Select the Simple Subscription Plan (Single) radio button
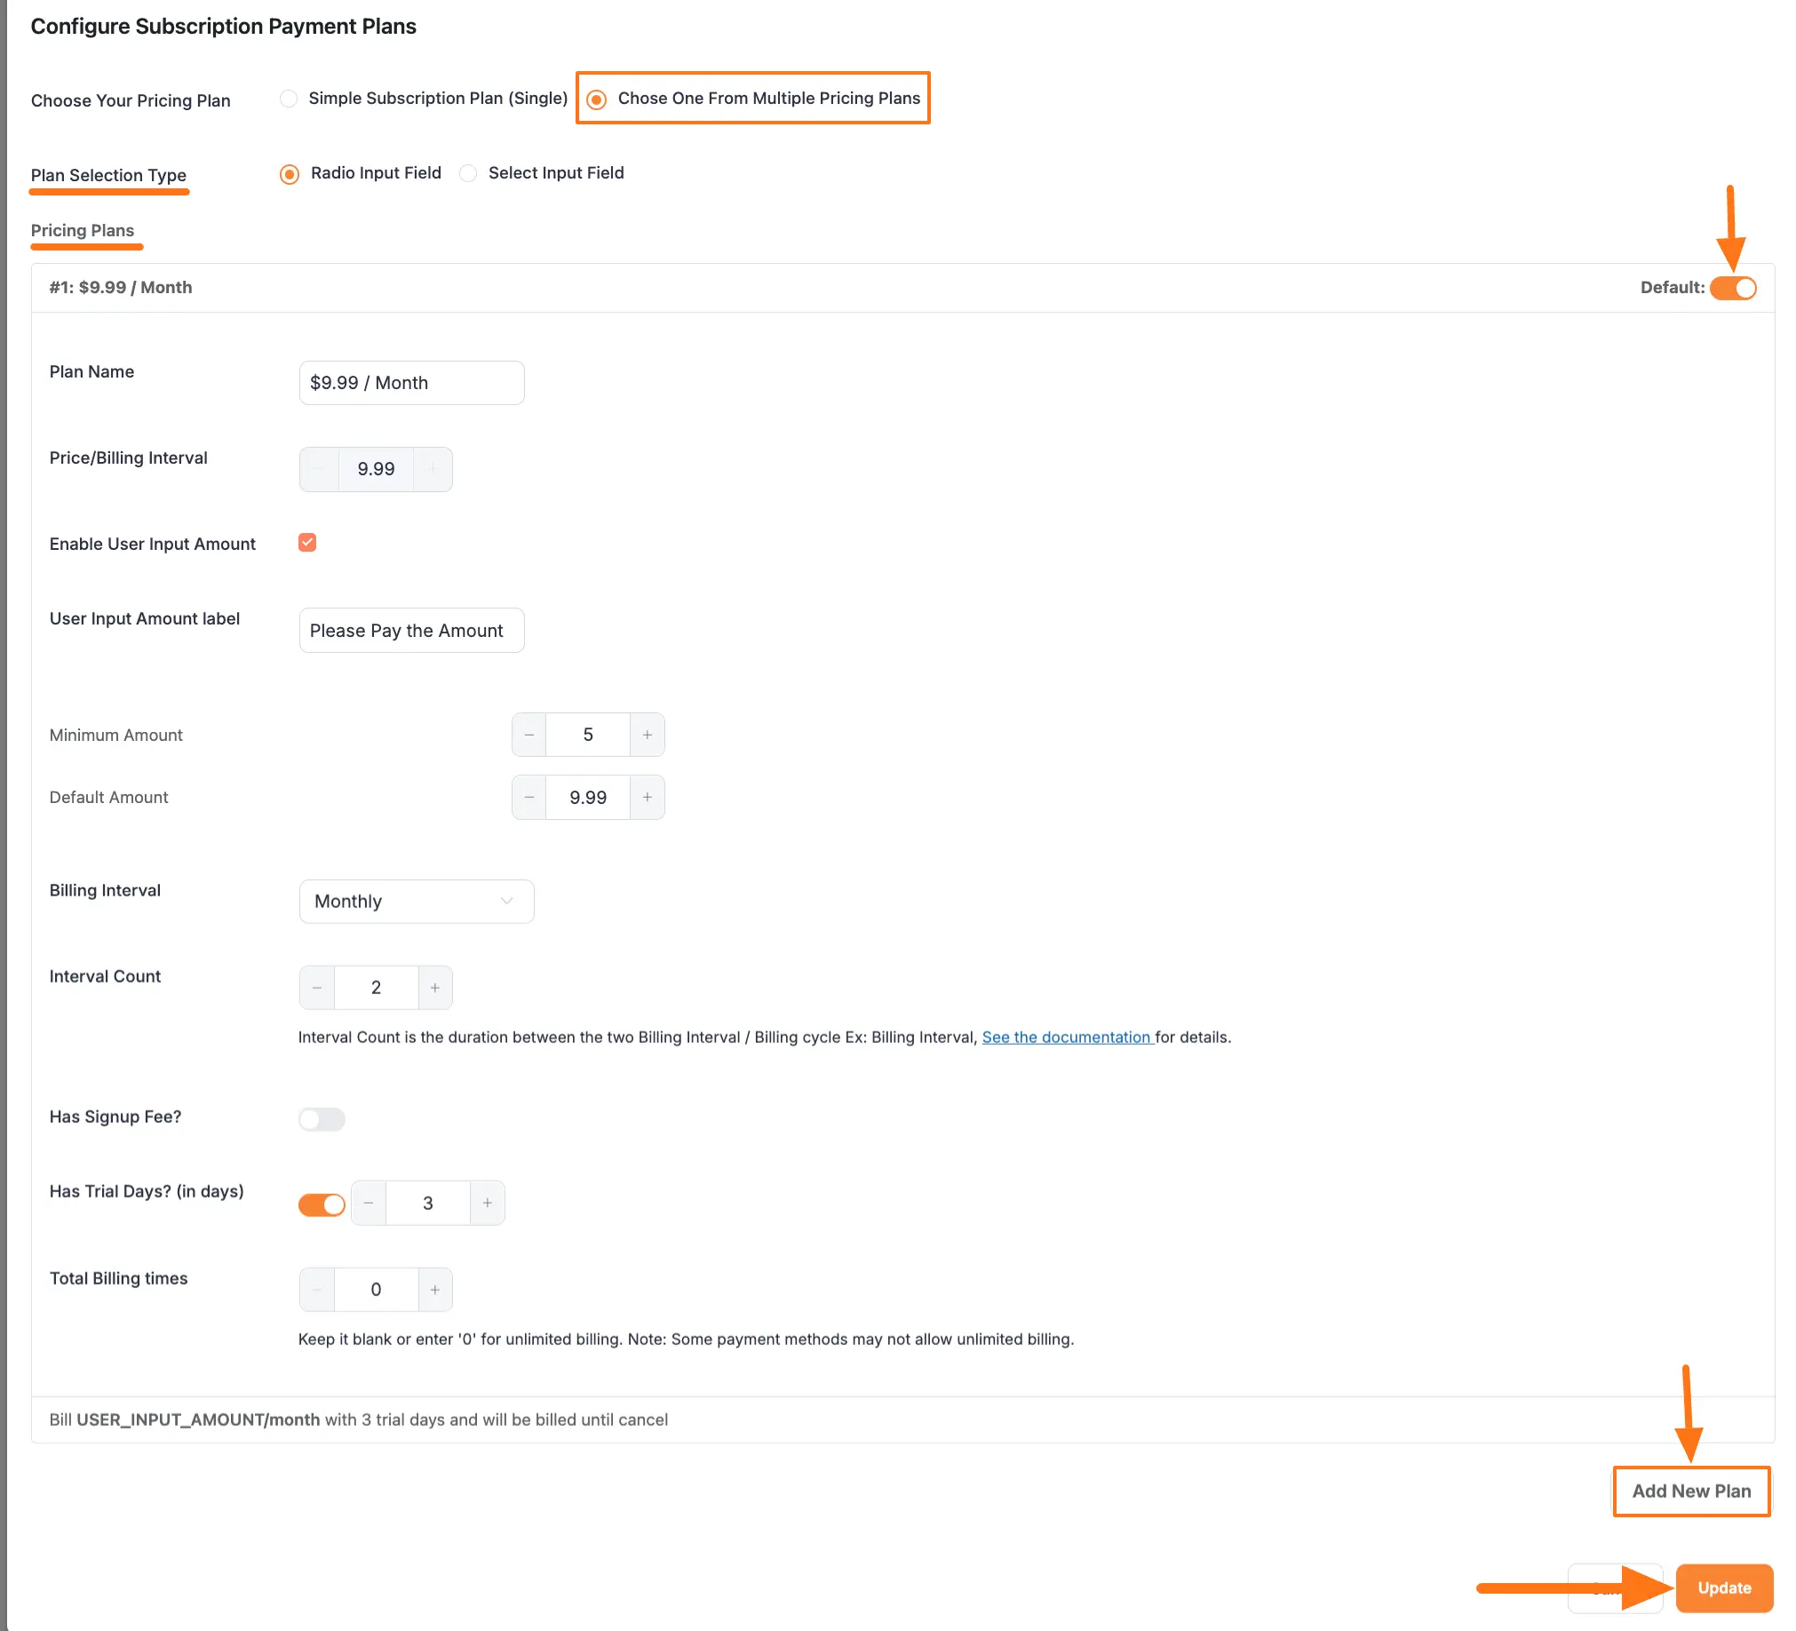(289, 98)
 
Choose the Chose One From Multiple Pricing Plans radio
(597, 99)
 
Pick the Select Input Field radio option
(468, 173)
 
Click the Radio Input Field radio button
(290, 174)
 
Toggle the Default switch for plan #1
(1732, 288)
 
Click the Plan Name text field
(411, 383)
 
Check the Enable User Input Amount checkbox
(307, 543)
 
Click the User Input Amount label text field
(411, 631)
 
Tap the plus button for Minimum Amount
(647, 735)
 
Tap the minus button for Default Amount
(529, 797)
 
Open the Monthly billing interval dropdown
(416, 902)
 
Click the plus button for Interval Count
(434, 988)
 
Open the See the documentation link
(1067, 1037)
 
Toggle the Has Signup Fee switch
(322, 1118)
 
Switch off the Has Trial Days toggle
(322, 1205)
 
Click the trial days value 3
(427, 1204)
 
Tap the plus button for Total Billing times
(434, 1290)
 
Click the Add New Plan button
(1690, 1492)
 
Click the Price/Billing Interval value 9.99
(376, 469)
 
